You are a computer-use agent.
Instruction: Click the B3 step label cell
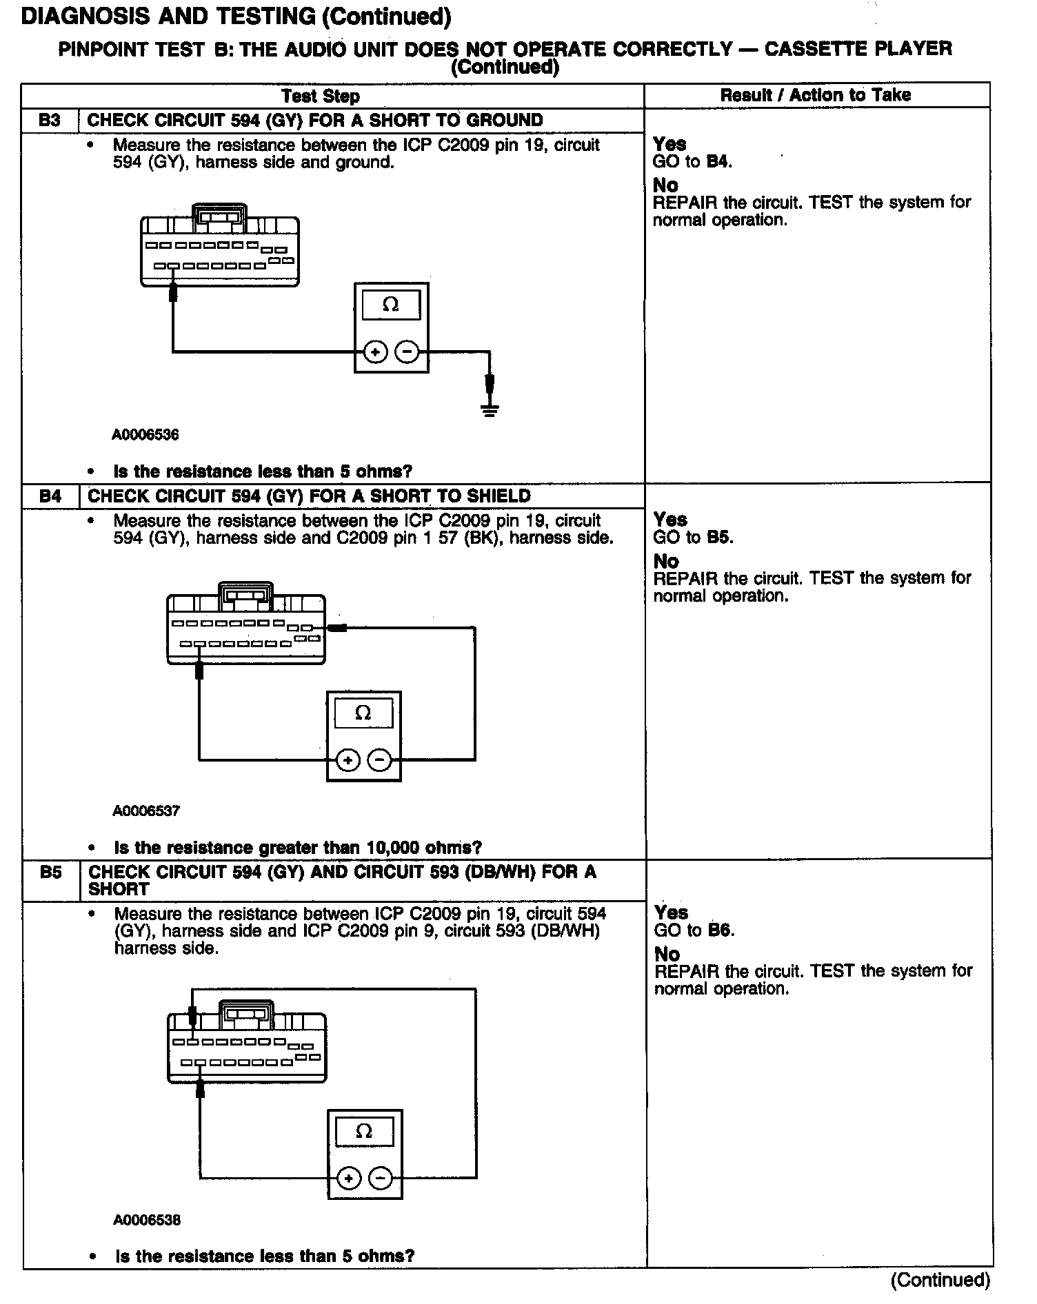click(50, 121)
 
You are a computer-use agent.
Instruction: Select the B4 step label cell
click(50, 496)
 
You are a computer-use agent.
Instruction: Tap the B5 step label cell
click(51, 873)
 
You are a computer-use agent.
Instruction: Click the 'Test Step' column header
click(321, 96)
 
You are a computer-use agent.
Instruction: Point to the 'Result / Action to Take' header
click(816, 95)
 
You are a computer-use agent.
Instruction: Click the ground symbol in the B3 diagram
click(490, 411)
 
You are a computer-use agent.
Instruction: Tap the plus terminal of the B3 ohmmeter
click(376, 353)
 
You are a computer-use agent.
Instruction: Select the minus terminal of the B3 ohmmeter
click(407, 353)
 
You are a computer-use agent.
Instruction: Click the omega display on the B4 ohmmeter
click(363, 713)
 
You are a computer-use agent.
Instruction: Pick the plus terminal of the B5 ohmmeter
click(349, 1179)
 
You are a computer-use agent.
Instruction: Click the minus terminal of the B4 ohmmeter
click(379, 760)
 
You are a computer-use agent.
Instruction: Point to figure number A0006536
click(145, 435)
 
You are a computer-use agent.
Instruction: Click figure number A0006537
click(146, 811)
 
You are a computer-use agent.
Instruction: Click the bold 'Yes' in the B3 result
click(669, 144)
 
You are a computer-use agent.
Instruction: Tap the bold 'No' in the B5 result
click(666, 955)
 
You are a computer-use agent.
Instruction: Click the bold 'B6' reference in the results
click(720, 930)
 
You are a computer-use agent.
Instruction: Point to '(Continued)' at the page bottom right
click(940, 1281)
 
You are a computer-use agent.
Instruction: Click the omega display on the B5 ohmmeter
click(364, 1132)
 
